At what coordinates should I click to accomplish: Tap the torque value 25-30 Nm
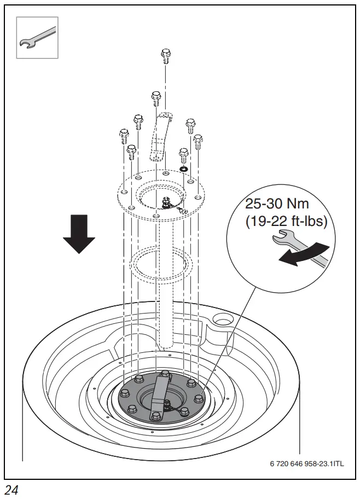coord(277,205)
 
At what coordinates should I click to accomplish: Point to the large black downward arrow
coord(78,234)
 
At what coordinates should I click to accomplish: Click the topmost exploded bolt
coord(166,55)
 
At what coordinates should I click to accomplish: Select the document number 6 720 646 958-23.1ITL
coord(306,463)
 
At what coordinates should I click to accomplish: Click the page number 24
coord(11,490)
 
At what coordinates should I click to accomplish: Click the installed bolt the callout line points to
coord(199,398)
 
